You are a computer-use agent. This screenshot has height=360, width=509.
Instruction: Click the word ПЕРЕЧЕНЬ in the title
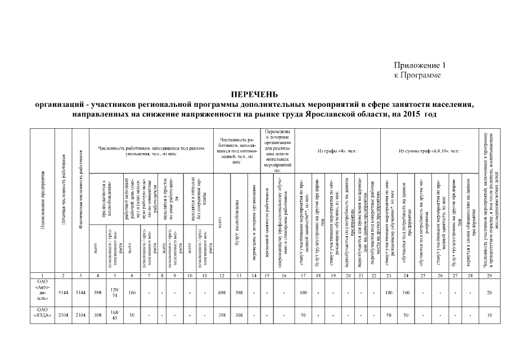pyautogui.click(x=254, y=94)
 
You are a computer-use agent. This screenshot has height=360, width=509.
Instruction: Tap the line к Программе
pyautogui.click(x=417, y=74)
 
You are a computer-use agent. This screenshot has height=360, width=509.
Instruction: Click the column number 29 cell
pyautogui.click(x=489, y=275)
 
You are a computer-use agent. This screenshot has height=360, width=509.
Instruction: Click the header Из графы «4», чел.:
pyautogui.click(x=334, y=151)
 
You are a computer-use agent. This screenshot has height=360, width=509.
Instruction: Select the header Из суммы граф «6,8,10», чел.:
pyautogui.click(x=429, y=151)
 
